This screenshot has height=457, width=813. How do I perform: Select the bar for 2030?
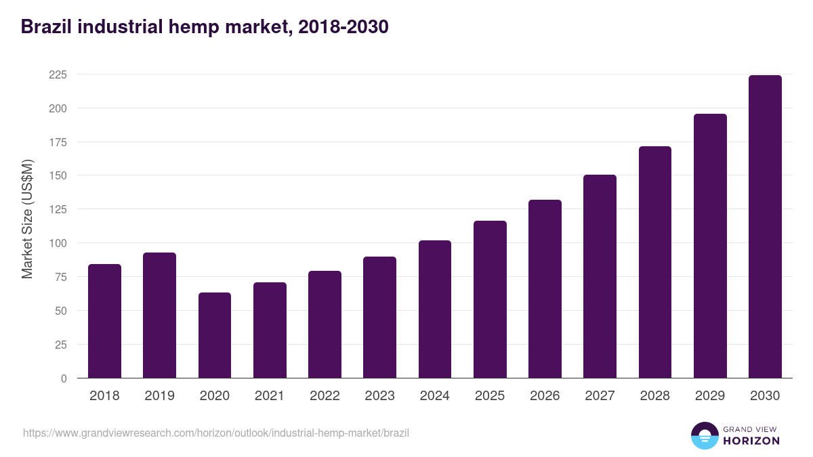click(x=765, y=227)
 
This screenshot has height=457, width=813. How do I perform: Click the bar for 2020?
click(x=215, y=335)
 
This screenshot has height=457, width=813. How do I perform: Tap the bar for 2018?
click(x=104, y=321)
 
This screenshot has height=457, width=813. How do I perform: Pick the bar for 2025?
click(x=490, y=299)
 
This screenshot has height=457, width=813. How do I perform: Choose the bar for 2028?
click(x=655, y=262)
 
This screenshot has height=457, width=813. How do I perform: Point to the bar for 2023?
click(x=379, y=318)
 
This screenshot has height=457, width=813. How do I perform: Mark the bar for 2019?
click(x=159, y=315)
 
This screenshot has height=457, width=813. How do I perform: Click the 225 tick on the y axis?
click(x=58, y=74)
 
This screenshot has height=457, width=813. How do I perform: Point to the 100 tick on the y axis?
click(x=58, y=243)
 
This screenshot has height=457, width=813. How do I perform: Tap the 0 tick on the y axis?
click(x=64, y=378)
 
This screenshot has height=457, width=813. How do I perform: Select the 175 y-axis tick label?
click(x=58, y=142)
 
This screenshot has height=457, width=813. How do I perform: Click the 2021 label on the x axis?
click(x=269, y=396)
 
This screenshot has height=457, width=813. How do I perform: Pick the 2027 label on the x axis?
click(x=600, y=396)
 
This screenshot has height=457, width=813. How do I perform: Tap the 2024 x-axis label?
click(x=434, y=396)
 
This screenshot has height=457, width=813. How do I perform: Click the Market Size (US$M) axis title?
click(x=27, y=219)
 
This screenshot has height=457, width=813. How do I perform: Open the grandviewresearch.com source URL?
click(x=216, y=433)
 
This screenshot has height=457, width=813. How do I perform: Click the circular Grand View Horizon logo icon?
click(x=704, y=435)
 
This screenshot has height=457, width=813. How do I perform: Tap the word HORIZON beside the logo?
click(x=751, y=441)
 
